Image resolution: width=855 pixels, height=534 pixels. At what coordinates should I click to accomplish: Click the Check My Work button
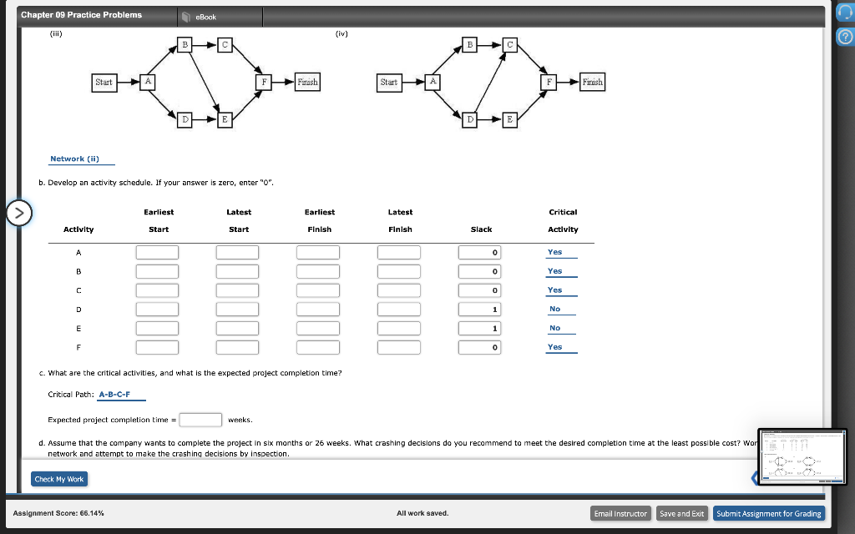click(x=59, y=479)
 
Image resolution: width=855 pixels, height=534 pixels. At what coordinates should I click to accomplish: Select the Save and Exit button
click(x=681, y=513)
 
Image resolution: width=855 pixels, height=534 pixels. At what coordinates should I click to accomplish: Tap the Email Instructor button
click(x=620, y=513)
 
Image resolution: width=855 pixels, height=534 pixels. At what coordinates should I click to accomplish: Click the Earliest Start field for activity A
click(x=158, y=252)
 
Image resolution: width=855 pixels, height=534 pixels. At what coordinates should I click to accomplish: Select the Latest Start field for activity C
click(x=238, y=290)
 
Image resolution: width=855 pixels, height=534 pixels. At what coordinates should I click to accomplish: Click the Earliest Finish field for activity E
click(x=319, y=328)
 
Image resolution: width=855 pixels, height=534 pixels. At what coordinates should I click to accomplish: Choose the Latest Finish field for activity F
click(x=399, y=347)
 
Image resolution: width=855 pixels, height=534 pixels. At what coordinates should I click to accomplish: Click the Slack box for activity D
click(x=480, y=310)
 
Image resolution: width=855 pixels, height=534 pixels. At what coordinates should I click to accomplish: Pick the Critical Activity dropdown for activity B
click(x=555, y=271)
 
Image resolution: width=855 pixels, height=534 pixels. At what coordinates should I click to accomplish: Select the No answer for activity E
click(x=555, y=328)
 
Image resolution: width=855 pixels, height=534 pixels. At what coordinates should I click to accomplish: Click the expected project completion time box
click(x=200, y=420)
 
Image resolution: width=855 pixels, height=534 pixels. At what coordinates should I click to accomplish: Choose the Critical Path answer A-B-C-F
click(x=114, y=395)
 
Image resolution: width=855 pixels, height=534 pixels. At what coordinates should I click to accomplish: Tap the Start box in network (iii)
click(x=104, y=82)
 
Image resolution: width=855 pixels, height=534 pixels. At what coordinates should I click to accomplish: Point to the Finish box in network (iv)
click(x=592, y=82)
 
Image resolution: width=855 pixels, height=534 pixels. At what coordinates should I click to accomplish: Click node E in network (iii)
click(x=224, y=120)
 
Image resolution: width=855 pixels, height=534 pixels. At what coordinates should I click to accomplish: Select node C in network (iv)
click(x=511, y=43)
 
